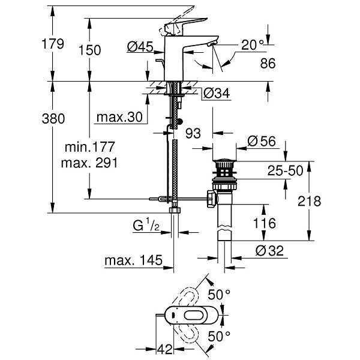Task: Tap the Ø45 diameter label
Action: (140, 47)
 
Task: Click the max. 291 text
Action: (90, 163)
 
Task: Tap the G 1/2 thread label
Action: (146, 226)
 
